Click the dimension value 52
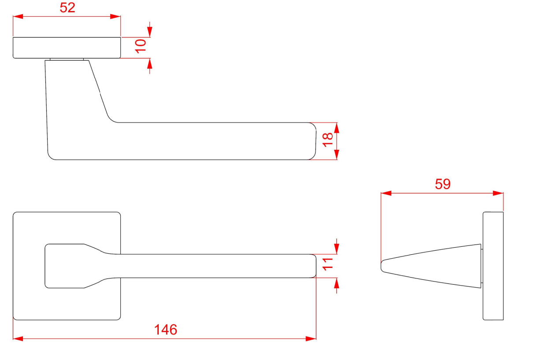(67, 8)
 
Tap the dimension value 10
(141, 46)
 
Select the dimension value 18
(327, 140)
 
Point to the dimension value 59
(443, 184)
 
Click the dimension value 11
(327, 264)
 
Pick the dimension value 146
(166, 330)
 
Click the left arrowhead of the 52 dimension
(18, 17)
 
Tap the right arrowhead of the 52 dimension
(115, 17)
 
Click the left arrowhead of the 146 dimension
(18, 339)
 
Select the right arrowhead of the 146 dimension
(311, 339)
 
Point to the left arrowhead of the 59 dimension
(386, 193)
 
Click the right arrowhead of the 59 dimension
(498, 193)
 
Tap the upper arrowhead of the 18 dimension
(337, 128)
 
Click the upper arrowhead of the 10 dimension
(150, 32)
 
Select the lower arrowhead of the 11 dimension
(337, 283)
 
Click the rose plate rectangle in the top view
(67, 48)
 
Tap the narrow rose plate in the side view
(493, 266)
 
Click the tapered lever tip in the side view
(431, 266)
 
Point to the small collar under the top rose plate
(67, 59)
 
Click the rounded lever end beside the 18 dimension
(313, 141)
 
